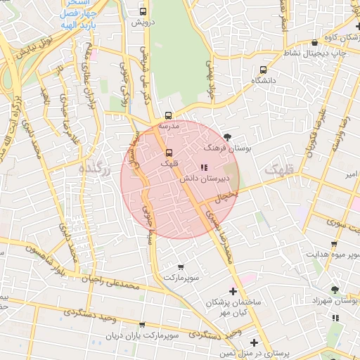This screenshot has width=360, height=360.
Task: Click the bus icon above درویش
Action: tap(143, 11)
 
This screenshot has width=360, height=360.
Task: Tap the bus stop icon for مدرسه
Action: tap(168, 115)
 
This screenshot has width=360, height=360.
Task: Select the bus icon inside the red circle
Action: tap(168, 153)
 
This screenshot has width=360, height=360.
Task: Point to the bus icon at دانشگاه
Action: tap(263, 70)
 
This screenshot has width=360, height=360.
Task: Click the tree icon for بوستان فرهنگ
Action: tap(226, 136)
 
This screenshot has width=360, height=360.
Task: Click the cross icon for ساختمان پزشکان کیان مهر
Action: tap(233, 290)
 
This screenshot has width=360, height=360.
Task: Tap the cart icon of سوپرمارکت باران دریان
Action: tap(142, 325)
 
